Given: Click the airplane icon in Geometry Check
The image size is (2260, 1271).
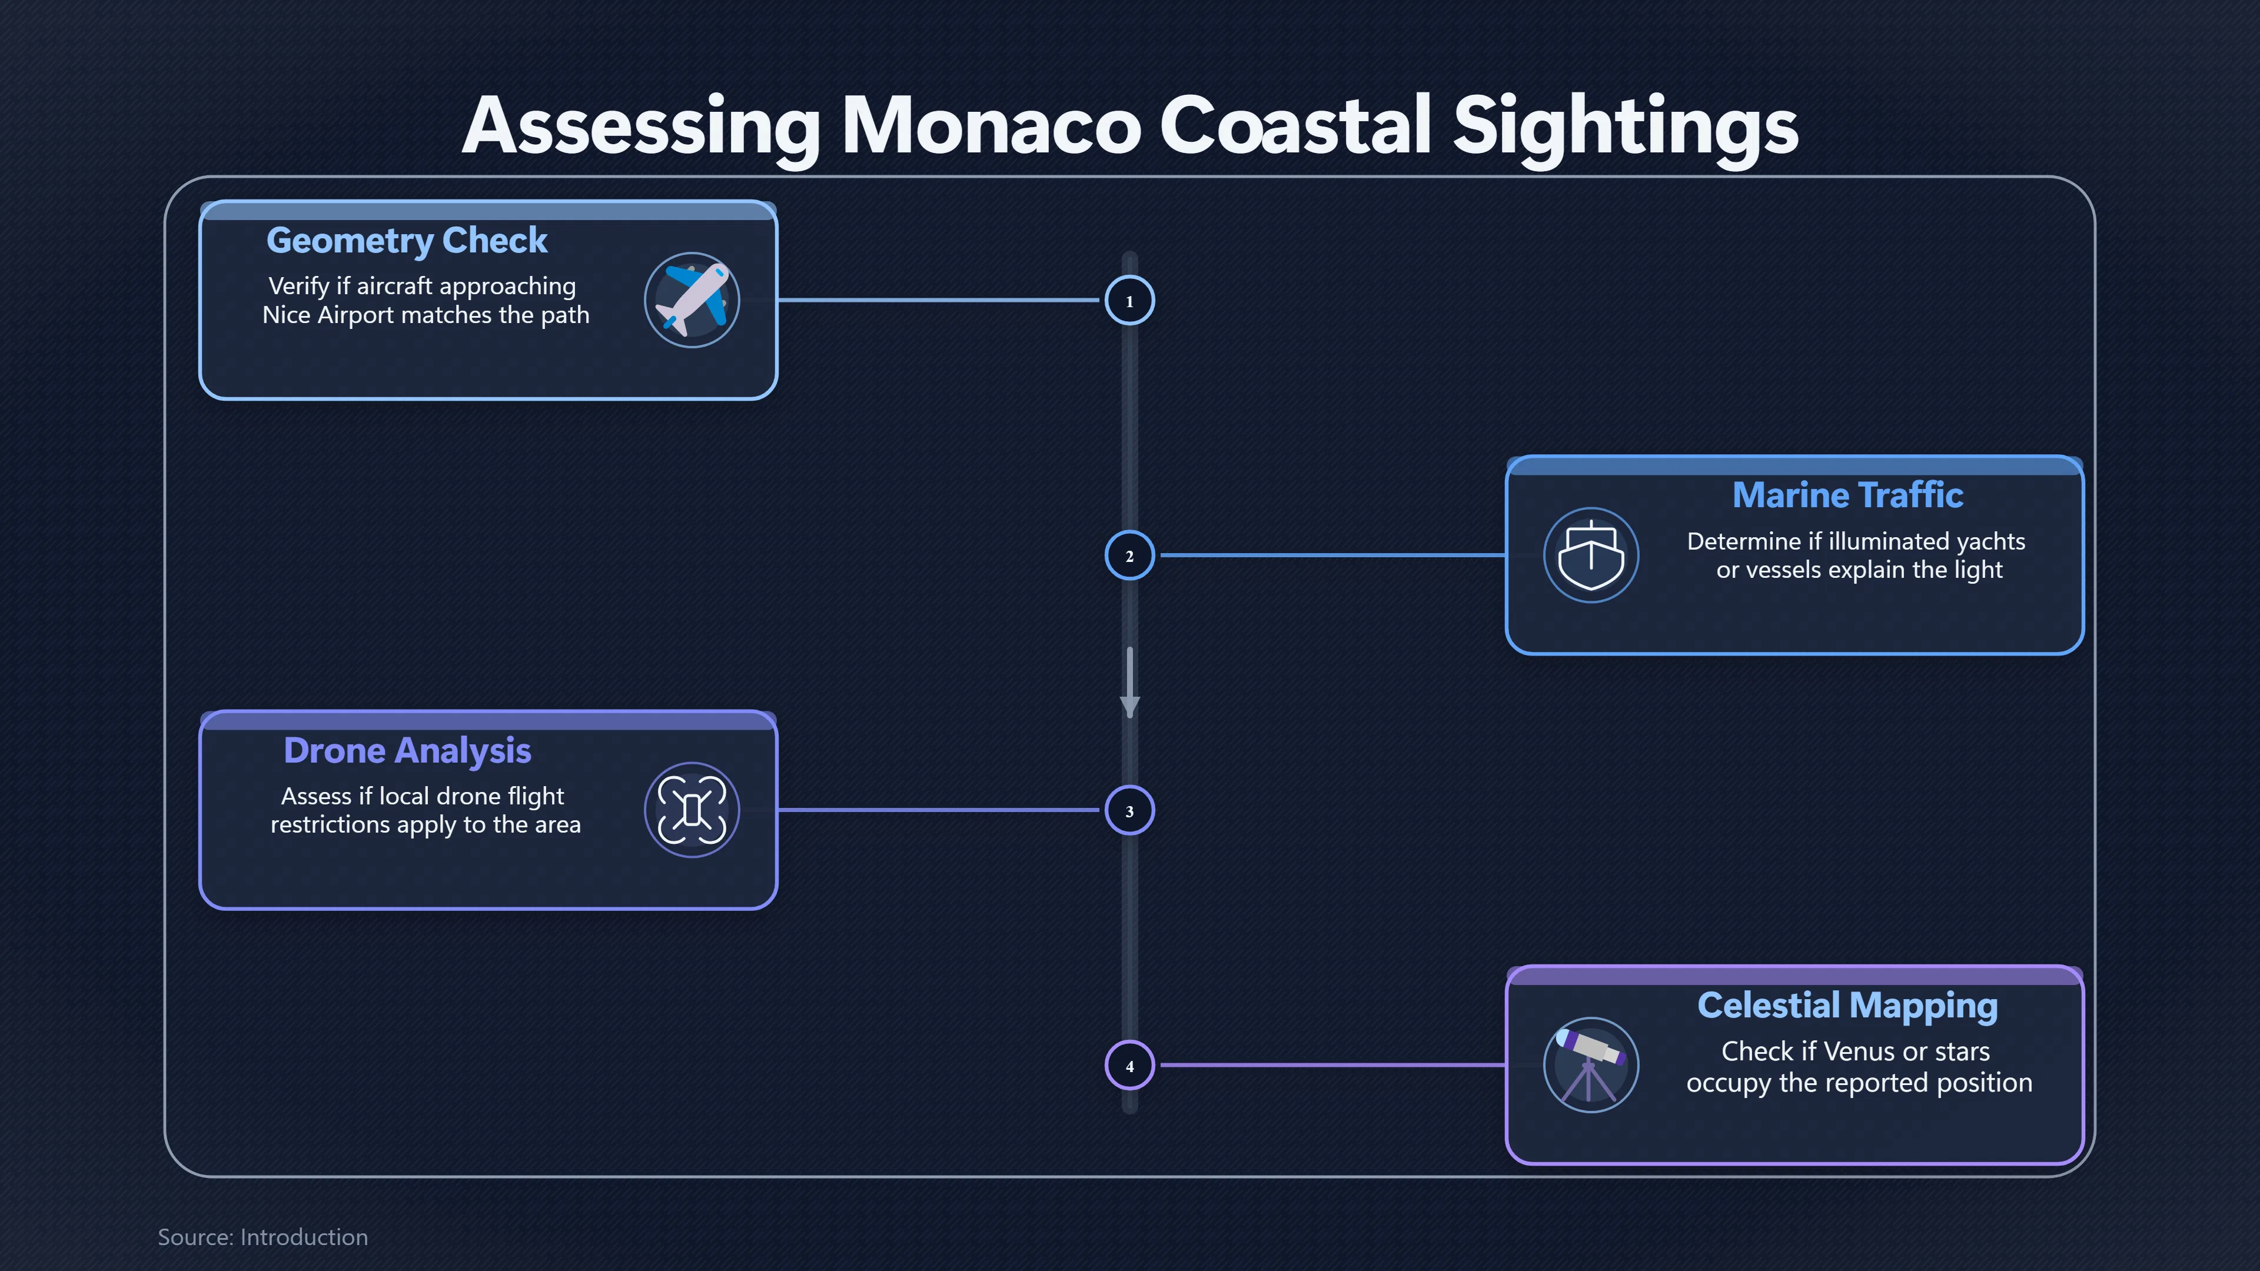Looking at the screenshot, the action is pyautogui.click(x=692, y=300).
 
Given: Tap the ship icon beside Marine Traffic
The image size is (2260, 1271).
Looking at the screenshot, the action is pyautogui.click(x=1591, y=555).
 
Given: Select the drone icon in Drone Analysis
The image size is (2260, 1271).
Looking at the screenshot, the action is pyautogui.click(x=692, y=810).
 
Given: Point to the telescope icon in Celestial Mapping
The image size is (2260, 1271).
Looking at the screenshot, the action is pyautogui.click(x=1591, y=1065).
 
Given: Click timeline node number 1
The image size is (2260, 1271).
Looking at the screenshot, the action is pyautogui.click(x=1129, y=301).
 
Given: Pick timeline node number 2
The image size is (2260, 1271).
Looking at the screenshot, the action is pyautogui.click(x=1129, y=555).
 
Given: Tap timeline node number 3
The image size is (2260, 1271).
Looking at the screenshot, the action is pyautogui.click(x=1129, y=810).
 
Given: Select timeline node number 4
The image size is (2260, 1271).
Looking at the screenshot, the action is pyautogui.click(x=1129, y=1066).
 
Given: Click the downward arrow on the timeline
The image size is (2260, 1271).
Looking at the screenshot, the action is pyautogui.click(x=1130, y=683).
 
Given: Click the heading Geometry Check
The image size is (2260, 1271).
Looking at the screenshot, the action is pyautogui.click(x=407, y=240).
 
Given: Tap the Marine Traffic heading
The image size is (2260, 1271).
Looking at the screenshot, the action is pyautogui.click(x=1847, y=495).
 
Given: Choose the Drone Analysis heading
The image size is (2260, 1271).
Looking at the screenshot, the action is pyautogui.click(x=407, y=751).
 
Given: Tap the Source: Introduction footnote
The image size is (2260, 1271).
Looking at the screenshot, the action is pyautogui.click(x=262, y=1237).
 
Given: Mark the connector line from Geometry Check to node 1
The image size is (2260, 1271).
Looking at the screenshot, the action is pyautogui.click(x=939, y=300).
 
